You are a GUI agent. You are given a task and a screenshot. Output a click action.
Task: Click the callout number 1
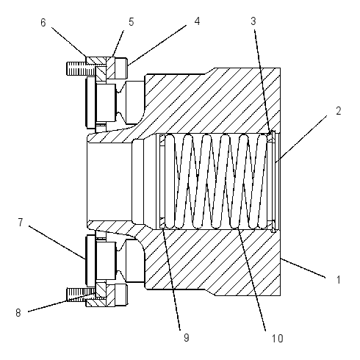pos(339,279)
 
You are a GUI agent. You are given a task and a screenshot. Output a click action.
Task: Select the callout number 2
pos(339,111)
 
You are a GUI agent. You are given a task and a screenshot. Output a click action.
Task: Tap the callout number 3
pos(253,21)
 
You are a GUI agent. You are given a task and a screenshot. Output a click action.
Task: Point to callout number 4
pos(197,21)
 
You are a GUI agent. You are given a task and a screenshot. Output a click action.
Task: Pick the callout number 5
pos(132,22)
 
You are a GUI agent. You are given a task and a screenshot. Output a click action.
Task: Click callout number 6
pos(43,22)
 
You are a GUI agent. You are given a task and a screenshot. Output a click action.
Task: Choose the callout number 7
pos(21,223)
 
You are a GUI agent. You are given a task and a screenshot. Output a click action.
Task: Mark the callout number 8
pos(18,313)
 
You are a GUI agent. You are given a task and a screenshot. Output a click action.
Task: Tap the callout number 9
pos(187,337)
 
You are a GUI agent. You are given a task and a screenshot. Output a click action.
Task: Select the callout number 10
pos(278,339)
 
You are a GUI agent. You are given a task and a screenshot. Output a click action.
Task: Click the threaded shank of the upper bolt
pos(81,68)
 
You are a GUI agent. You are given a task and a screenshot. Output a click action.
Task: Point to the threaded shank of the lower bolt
pos(81,294)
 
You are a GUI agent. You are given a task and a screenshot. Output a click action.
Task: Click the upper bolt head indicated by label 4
pos(120,68)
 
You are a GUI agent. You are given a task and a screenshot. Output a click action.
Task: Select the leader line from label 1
pos(303,268)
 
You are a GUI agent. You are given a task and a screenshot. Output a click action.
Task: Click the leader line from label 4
pos(157,46)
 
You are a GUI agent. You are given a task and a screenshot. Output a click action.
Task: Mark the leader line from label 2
pos(301,139)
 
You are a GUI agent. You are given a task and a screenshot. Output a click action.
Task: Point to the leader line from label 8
pos(62,302)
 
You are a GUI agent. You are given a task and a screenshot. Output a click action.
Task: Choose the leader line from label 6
pos(69,42)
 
